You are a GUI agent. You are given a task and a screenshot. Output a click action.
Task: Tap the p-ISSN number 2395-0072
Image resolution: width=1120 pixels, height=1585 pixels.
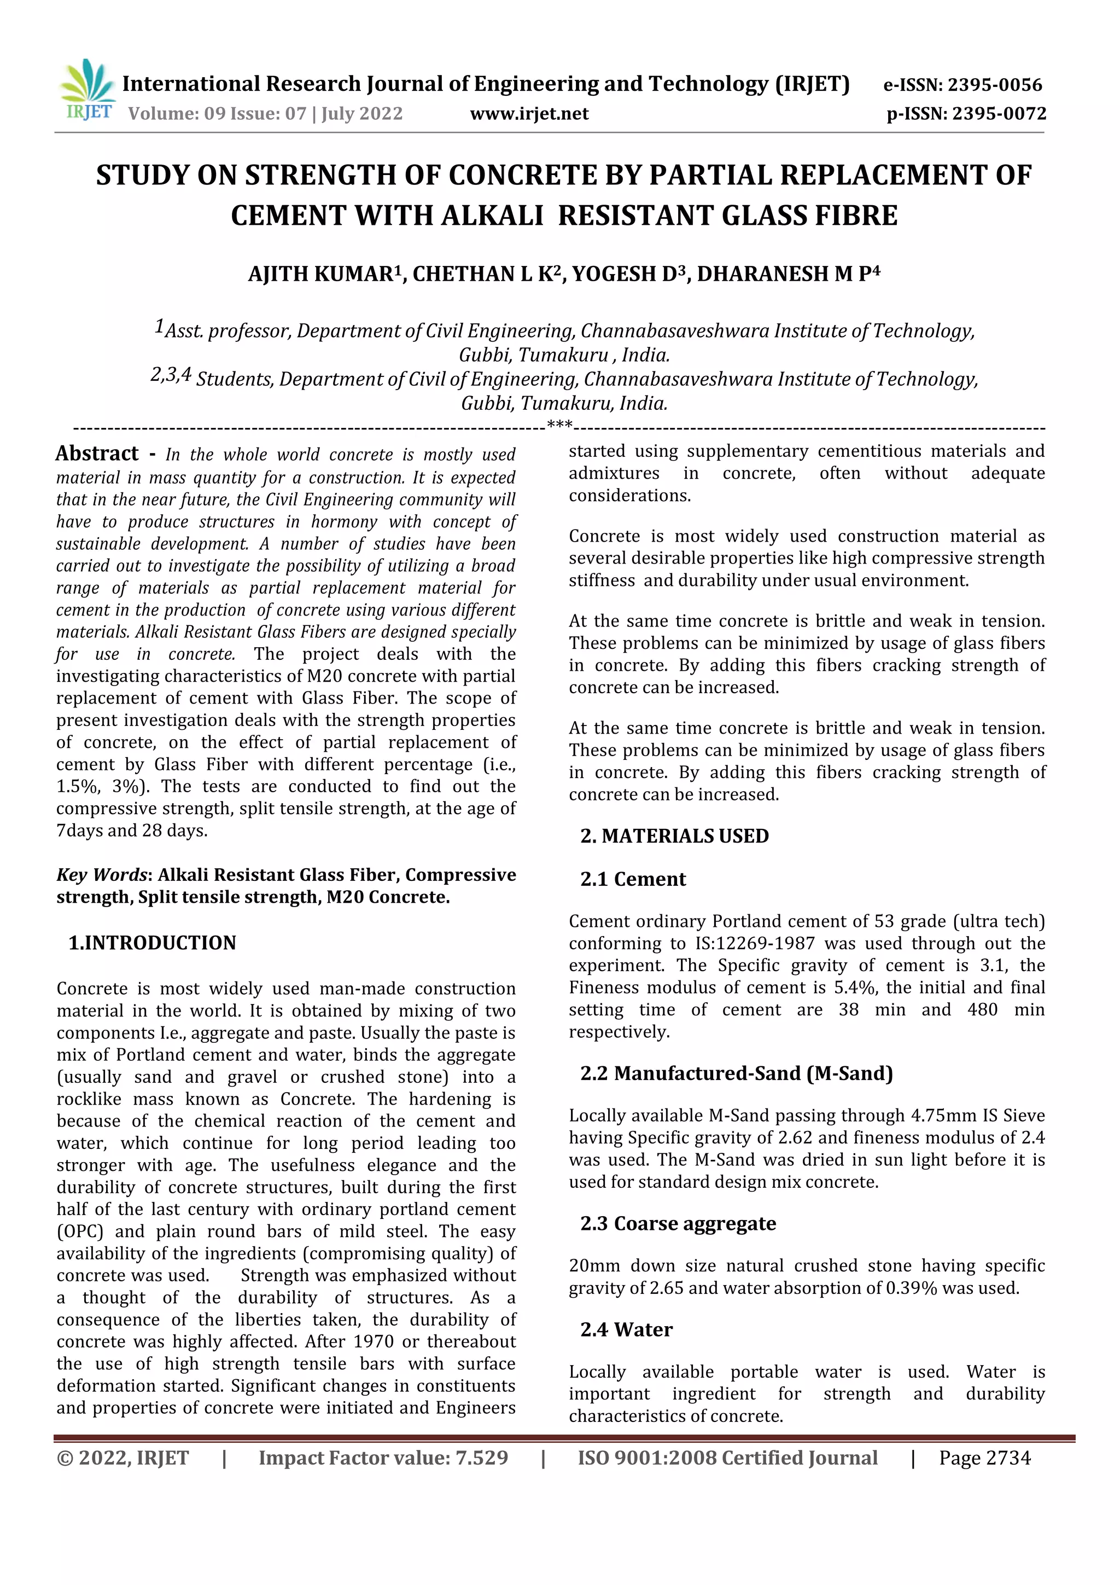pos(999,114)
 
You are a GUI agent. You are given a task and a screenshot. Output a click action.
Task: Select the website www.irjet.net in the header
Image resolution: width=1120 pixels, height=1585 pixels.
pos(529,114)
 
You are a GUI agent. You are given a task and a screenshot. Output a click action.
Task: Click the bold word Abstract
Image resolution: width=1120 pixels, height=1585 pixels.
pos(97,454)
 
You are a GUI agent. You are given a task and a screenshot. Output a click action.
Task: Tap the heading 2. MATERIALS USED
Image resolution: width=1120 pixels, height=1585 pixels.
pos(674,836)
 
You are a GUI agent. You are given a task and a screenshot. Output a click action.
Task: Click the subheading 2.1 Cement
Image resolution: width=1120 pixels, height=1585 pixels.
pos(633,879)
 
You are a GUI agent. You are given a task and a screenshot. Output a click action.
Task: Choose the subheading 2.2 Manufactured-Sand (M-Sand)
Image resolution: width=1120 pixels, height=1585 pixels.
pos(736,1073)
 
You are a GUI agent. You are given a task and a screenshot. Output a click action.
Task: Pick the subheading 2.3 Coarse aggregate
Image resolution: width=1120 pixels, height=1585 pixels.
pos(678,1224)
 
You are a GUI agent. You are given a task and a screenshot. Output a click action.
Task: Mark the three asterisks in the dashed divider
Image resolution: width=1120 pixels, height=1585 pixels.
pos(559,424)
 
